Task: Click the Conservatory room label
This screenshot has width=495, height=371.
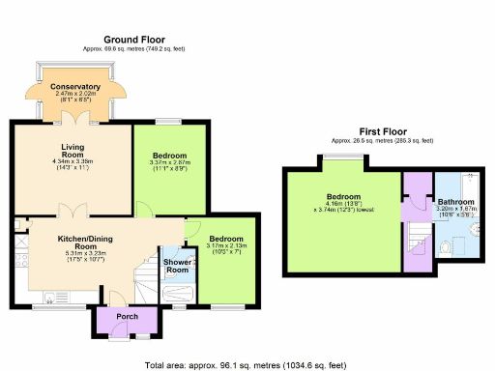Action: pyautogui.click(x=71, y=87)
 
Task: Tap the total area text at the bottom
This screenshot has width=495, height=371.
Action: pyautogui.click(x=247, y=365)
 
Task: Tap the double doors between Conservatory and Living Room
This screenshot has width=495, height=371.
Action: pyautogui.click(x=71, y=119)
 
